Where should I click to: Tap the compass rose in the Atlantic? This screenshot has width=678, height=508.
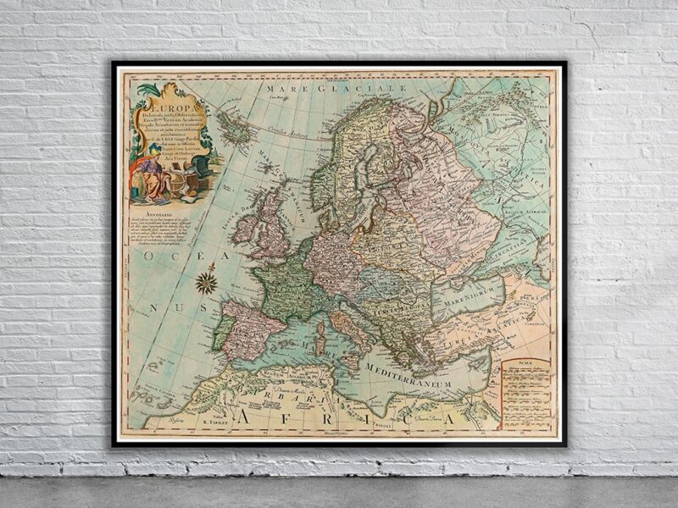tap(205, 281)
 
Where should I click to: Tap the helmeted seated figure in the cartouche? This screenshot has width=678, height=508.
tap(150, 174)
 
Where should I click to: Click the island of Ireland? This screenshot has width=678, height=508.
tap(245, 229)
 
